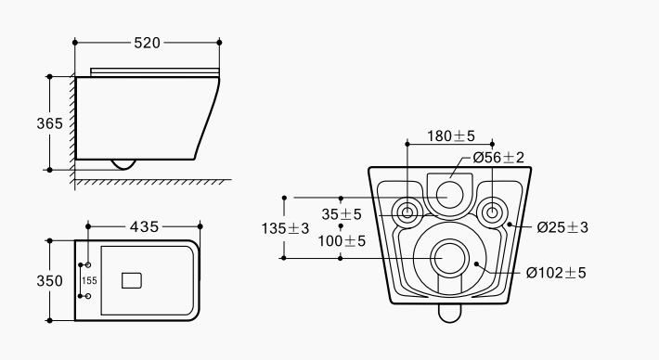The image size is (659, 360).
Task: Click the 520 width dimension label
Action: pos(147,43)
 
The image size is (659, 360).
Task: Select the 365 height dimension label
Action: pos(49,123)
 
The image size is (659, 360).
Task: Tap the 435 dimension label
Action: pos(145,226)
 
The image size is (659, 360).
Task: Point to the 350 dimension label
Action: pos(49,280)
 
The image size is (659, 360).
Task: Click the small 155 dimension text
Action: pos(89,280)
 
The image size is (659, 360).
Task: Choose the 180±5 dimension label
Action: pos(451,136)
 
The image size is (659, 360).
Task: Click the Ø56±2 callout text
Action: pos(498,158)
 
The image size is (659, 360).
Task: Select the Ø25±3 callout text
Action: pos(562,227)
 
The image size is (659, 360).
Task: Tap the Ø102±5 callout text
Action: pos(556,273)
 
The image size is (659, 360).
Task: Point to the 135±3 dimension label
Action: pos(285,228)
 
